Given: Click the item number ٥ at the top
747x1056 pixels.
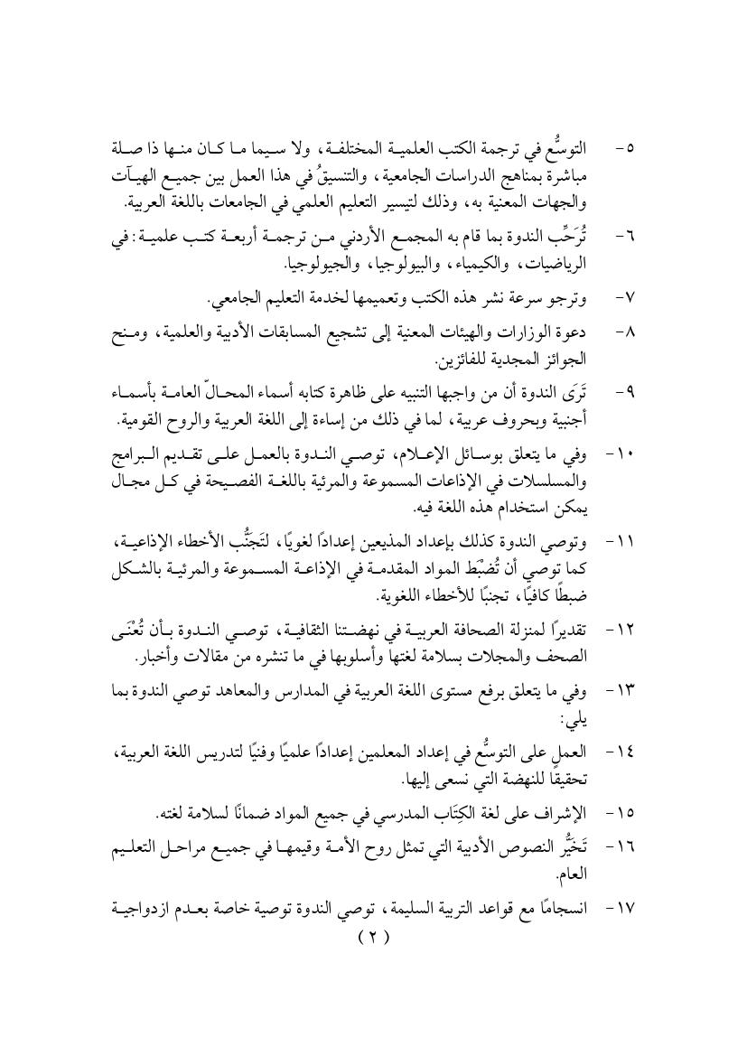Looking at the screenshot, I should [x=626, y=146].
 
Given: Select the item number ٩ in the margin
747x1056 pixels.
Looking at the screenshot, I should [x=626, y=394].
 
